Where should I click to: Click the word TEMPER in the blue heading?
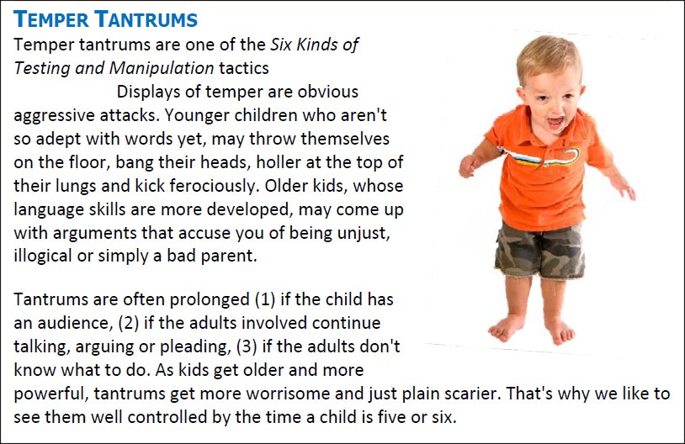click(51, 19)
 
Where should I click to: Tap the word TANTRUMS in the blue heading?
click(146, 19)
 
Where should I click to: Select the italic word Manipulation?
click(162, 68)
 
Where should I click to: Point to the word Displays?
click(147, 92)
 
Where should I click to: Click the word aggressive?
click(54, 116)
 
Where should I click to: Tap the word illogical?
click(42, 256)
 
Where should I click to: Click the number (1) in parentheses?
click(265, 300)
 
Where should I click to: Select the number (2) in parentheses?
click(129, 323)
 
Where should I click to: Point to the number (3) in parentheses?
click(247, 346)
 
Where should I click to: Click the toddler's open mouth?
click(555, 121)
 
